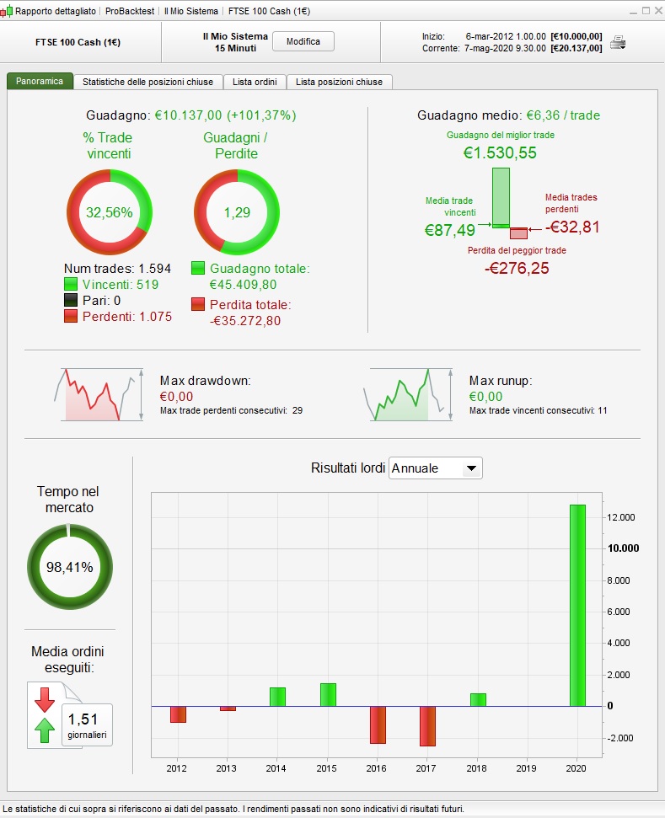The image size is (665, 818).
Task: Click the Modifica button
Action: tap(303, 41)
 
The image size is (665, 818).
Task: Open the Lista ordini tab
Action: tap(255, 82)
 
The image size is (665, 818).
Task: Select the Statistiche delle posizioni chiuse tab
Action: tap(148, 82)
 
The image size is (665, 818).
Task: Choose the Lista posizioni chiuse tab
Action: tap(339, 82)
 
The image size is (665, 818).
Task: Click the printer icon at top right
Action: tap(618, 42)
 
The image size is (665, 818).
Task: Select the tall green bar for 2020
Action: tap(577, 605)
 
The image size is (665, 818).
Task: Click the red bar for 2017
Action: tap(427, 725)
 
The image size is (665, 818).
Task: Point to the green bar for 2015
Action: tap(328, 694)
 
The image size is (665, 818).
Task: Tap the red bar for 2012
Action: tap(178, 714)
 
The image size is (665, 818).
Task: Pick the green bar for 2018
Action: tap(478, 699)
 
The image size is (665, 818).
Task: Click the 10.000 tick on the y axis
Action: tap(624, 548)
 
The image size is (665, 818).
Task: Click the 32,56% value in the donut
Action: tap(110, 212)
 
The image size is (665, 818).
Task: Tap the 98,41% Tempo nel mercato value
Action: tap(69, 567)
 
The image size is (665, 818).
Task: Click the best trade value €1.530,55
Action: tap(500, 153)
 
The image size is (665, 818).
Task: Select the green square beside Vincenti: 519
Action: tap(71, 285)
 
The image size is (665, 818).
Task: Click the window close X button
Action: tap(656, 11)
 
